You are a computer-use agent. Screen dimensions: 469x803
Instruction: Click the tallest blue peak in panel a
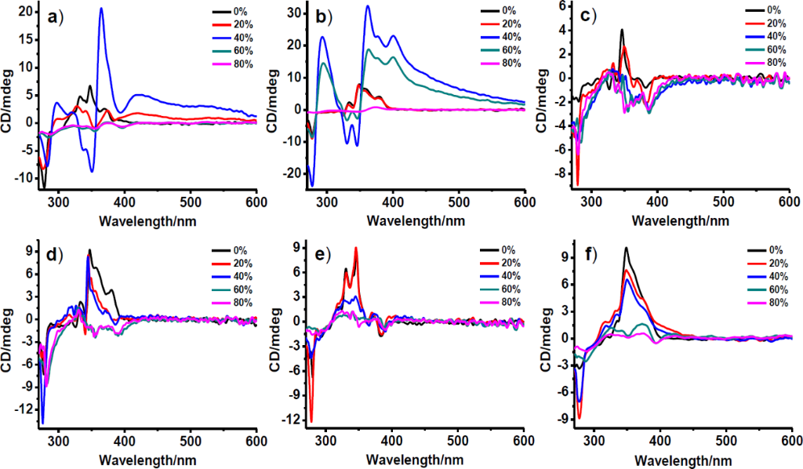[101, 9]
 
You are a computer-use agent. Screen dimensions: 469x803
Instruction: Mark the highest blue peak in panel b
[368, 7]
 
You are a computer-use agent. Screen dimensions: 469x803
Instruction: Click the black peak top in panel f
[626, 249]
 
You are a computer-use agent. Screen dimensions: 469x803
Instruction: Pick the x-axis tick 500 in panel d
[191, 442]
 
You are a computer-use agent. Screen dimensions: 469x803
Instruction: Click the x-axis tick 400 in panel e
[391, 442]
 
